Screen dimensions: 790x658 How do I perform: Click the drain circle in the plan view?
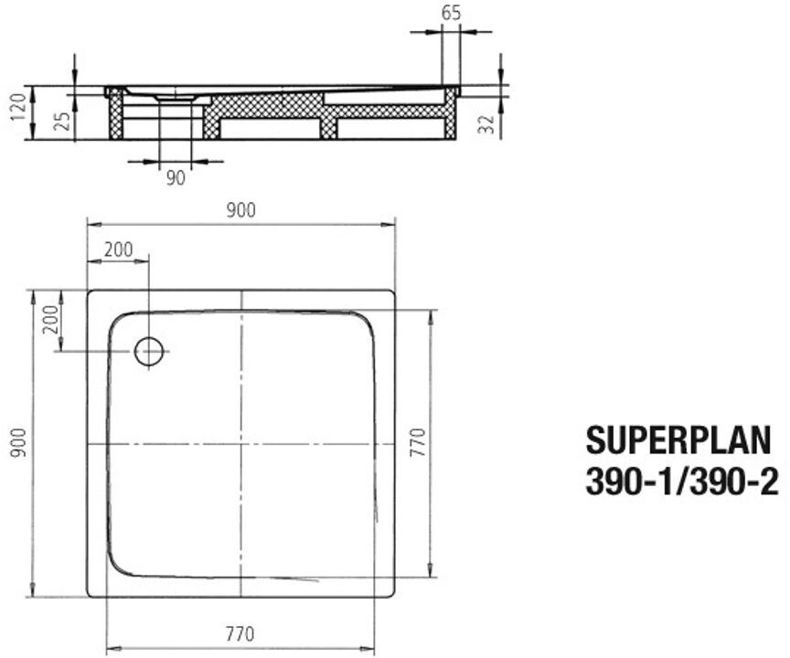pos(149,351)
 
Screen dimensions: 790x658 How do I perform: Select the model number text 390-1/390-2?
pos(682,482)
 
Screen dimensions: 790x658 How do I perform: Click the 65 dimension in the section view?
pos(451,13)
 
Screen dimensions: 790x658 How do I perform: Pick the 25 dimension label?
pos(62,122)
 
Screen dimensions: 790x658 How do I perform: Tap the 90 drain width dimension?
pos(176,177)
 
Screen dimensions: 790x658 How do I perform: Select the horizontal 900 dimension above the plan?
pos(240,210)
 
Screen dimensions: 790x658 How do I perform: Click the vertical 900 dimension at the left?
pos(18,443)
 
